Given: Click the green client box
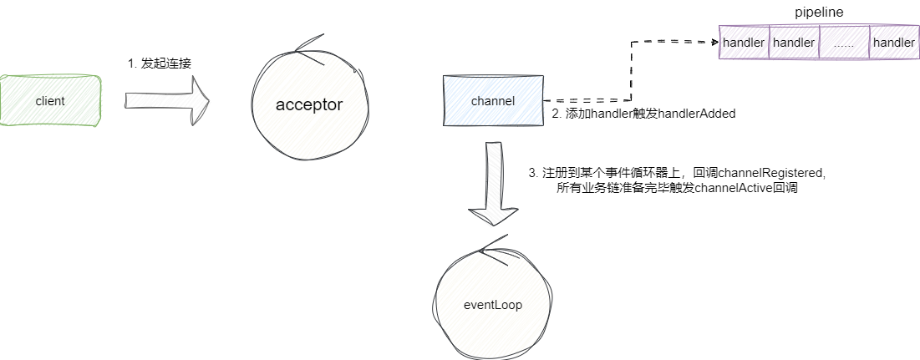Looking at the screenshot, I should coord(50,100).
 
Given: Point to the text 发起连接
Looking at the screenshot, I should coord(167,63).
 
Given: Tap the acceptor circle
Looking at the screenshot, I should coord(309,104).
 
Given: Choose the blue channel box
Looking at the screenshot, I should coord(493,101).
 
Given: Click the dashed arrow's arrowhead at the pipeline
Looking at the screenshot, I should coord(716,41).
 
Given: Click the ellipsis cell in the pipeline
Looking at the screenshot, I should coord(843,42).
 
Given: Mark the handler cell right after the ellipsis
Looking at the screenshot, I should coord(892,42).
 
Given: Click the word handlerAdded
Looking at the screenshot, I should coord(697,114).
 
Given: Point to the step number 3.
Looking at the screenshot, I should coord(532,172).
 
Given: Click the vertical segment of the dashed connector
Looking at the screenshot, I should coord(628,71).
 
